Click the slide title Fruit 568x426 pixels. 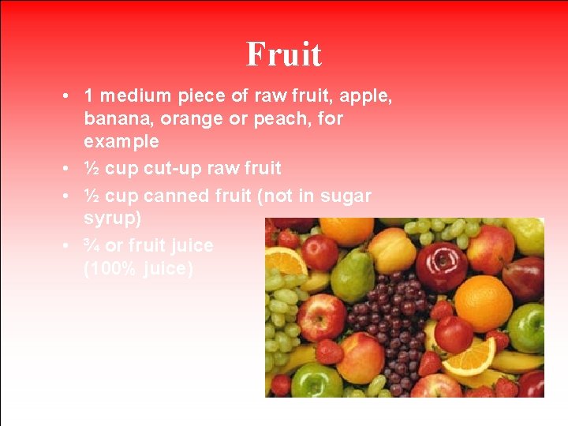284,54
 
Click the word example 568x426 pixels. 121,142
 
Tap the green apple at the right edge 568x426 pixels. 526,327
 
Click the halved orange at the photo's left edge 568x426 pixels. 284,261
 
